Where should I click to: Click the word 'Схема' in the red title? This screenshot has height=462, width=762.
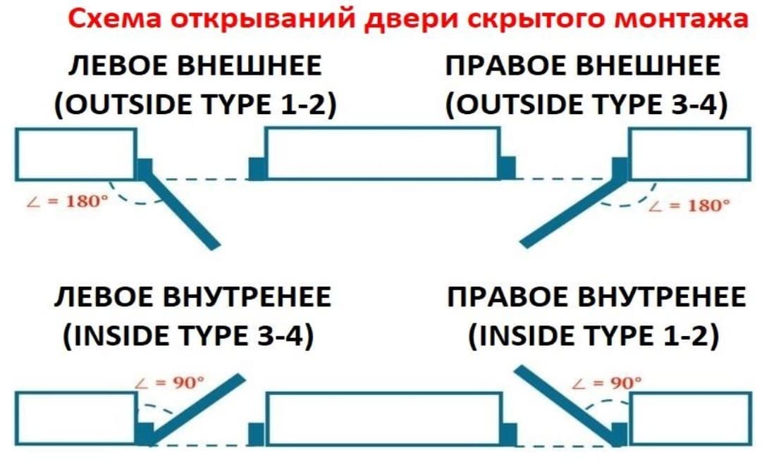click(114, 19)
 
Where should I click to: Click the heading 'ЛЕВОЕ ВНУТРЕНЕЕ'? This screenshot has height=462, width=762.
click(192, 298)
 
